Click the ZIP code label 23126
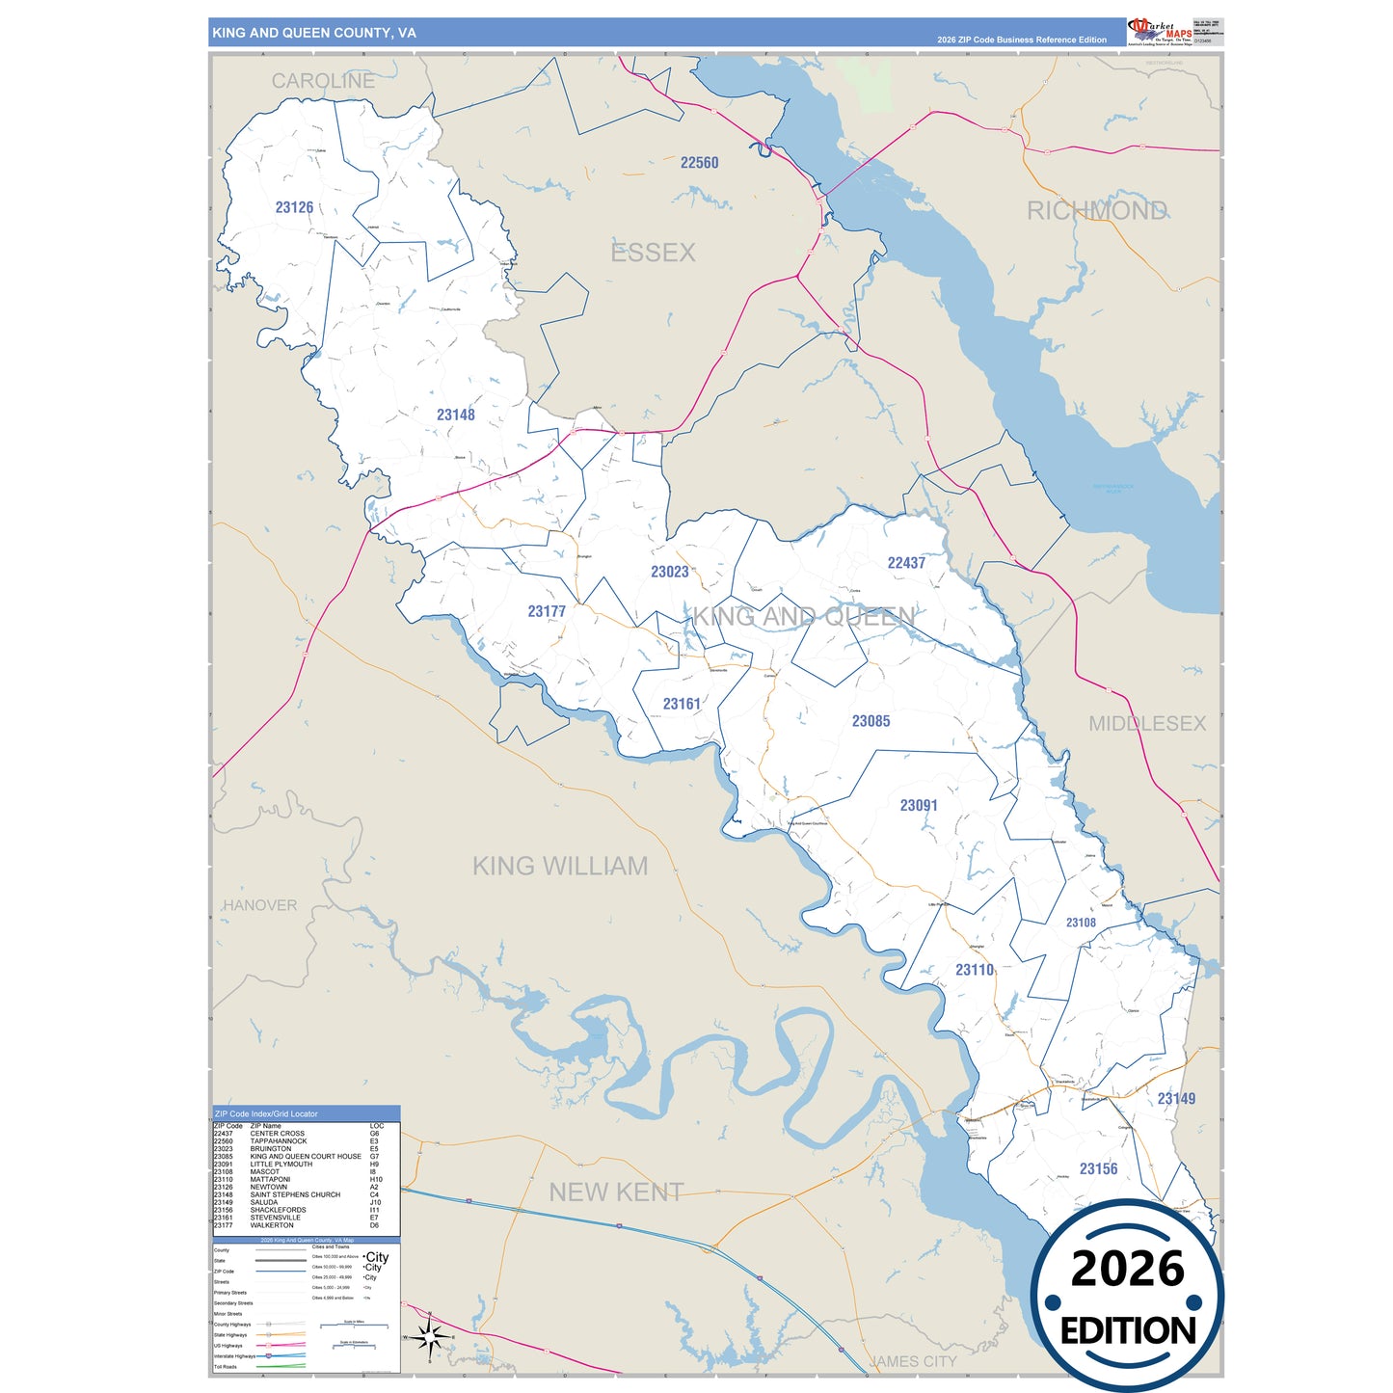(x=294, y=207)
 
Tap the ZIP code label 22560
(x=699, y=163)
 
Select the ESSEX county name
(x=653, y=253)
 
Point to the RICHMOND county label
(x=1096, y=211)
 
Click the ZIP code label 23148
(x=455, y=415)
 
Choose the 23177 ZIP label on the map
(x=547, y=611)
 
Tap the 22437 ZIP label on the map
(x=906, y=563)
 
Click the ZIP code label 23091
(x=918, y=805)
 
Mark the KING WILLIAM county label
(x=559, y=866)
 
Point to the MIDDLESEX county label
(x=1146, y=723)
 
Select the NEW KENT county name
(x=616, y=1192)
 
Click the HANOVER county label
(x=260, y=905)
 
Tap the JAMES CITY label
(x=912, y=1361)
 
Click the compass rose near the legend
(x=430, y=1335)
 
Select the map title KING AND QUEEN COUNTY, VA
(x=314, y=33)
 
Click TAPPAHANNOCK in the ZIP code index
(x=279, y=1141)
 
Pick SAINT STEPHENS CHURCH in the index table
(x=295, y=1194)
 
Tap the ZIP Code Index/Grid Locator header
(x=266, y=1113)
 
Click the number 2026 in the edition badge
(x=1127, y=1269)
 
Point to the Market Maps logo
(x=1160, y=32)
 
